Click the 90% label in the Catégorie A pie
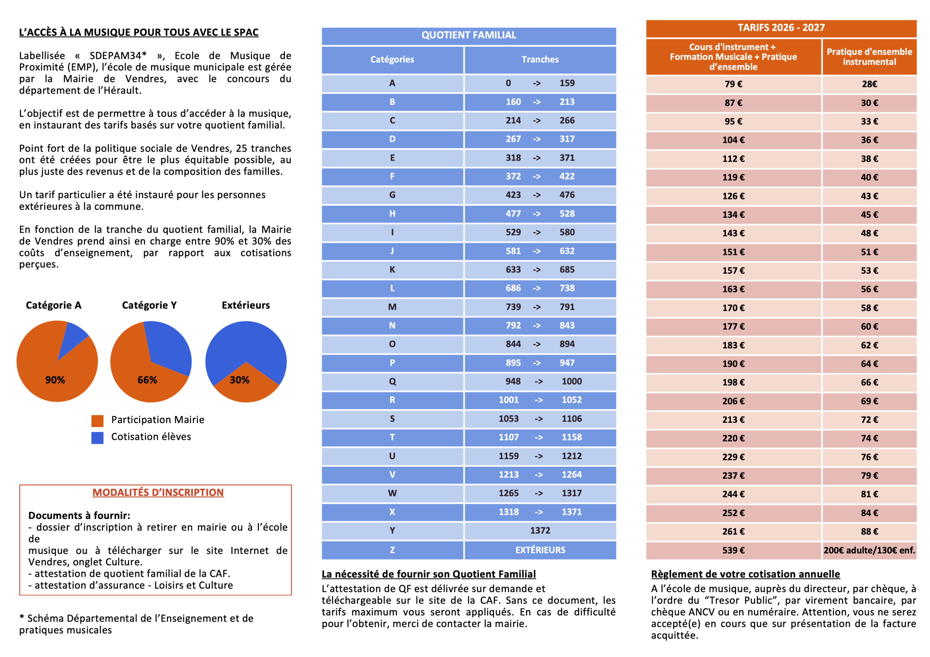(55, 380)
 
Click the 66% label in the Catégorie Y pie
(147, 380)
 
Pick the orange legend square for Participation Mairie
(97, 421)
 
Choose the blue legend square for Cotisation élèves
(97, 438)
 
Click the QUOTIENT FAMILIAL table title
(469, 35)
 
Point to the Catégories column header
(392, 60)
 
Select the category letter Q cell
(392, 382)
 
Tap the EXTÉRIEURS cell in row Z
(540, 550)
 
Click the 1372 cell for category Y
(540, 531)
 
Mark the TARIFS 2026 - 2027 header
(781, 28)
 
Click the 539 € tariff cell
(733, 551)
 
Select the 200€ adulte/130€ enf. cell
(869, 551)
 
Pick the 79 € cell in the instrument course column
(733, 84)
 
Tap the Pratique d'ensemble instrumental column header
(869, 57)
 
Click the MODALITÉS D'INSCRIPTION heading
(158, 492)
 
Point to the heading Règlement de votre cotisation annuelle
(745, 574)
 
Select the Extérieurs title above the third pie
(246, 305)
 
